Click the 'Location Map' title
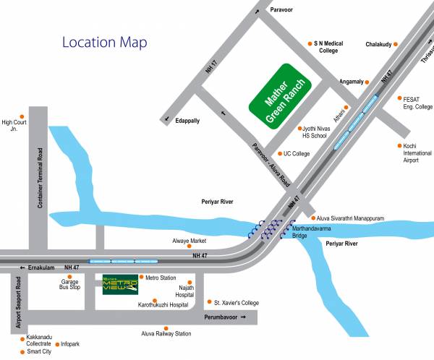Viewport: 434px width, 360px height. [x=104, y=42]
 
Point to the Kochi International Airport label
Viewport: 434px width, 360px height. [x=416, y=153]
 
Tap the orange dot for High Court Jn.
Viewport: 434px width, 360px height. [x=22, y=116]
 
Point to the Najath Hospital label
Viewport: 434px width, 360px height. [x=186, y=291]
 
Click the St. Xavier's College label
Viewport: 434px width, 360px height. [x=238, y=301]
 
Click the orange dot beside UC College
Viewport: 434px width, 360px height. [x=280, y=153]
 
